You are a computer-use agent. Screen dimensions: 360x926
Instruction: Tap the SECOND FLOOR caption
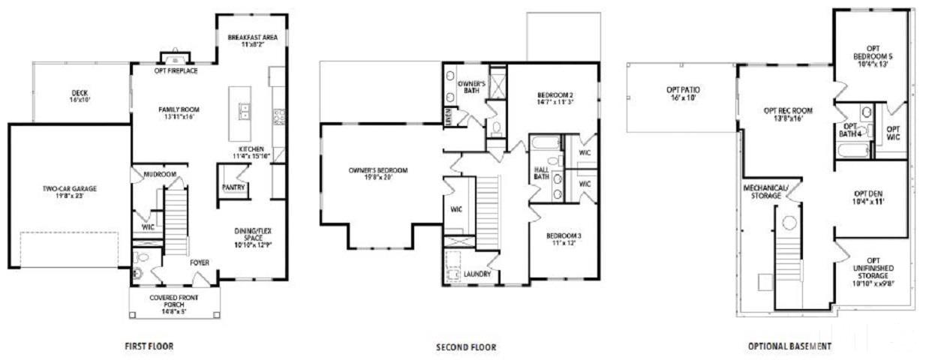[x=466, y=347]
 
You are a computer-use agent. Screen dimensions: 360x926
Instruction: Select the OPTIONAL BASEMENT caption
[x=789, y=346]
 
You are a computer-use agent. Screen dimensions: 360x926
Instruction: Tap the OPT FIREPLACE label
[x=176, y=71]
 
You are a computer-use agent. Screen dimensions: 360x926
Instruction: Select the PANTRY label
[x=233, y=187]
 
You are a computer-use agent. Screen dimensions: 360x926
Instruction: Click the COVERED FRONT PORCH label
[x=174, y=301]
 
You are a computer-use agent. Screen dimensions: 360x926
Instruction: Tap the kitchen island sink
[x=245, y=112]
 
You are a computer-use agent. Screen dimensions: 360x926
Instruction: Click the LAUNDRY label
[x=477, y=274]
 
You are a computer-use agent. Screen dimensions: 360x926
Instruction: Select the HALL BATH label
[x=542, y=173]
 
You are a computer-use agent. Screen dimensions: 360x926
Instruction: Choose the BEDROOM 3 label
[x=564, y=239]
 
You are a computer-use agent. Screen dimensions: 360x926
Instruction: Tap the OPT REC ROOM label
[x=788, y=115]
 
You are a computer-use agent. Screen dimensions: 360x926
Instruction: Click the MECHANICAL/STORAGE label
[x=765, y=191]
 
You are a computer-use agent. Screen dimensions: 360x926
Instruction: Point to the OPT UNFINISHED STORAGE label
[x=872, y=272]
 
